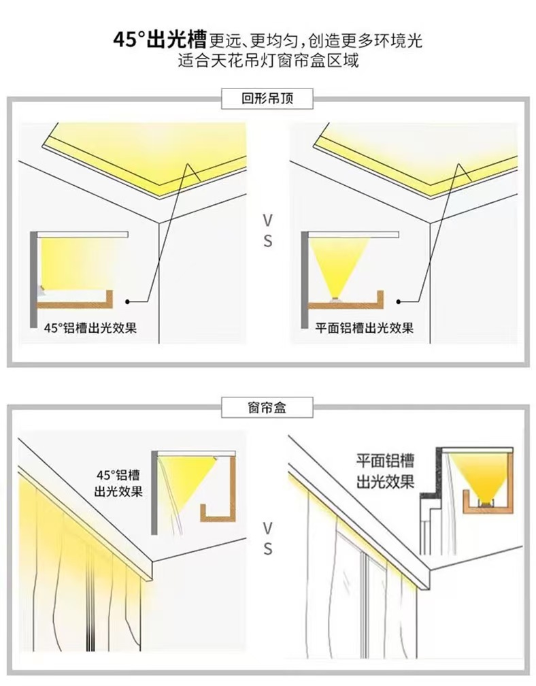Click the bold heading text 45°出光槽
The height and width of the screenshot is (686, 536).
tap(159, 40)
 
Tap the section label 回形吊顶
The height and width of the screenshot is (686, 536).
tap(267, 99)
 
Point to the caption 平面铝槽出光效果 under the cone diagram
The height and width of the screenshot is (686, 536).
tap(365, 327)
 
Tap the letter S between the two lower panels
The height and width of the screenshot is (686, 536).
tap(267, 549)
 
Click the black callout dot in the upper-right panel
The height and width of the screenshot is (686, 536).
tap(401, 299)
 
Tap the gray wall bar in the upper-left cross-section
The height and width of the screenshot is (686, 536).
tap(33, 279)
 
